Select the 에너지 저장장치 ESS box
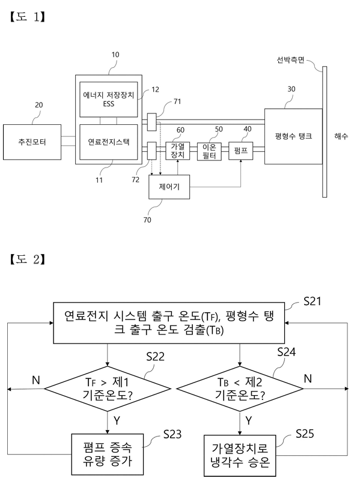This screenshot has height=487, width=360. tap(108, 98)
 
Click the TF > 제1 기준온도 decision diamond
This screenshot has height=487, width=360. tap(107, 389)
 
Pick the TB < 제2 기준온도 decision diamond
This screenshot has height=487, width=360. tap(240, 389)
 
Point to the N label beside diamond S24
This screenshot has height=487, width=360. tap(308, 379)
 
